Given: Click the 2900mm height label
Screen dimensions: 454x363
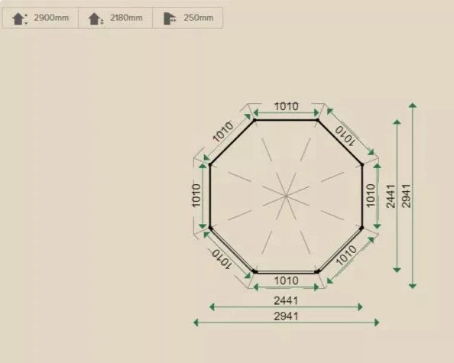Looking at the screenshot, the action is click(51, 18).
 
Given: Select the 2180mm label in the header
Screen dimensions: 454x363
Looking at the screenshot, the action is click(126, 18).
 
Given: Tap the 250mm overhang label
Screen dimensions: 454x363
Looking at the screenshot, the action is click(198, 18).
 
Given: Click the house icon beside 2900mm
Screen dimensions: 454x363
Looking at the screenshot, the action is click(19, 18).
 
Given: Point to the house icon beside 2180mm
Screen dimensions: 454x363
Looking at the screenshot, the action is click(96, 18).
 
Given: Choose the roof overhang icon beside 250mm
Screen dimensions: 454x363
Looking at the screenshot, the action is click(170, 18).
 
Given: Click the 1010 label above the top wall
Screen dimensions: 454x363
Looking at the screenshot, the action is click(286, 106).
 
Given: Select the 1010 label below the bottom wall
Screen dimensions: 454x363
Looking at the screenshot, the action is click(286, 280).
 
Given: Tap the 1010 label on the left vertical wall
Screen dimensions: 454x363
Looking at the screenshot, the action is click(196, 196).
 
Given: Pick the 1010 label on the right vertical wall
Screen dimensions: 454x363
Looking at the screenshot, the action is click(371, 196).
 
